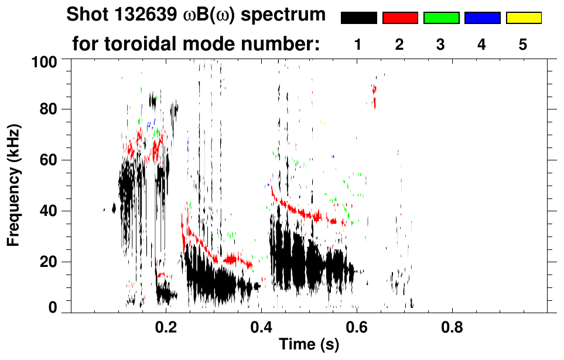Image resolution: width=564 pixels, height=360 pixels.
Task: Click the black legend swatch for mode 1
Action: point(359,18)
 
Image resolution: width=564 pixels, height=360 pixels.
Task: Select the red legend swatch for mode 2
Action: point(400,18)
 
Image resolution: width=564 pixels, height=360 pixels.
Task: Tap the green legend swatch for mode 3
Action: point(441,18)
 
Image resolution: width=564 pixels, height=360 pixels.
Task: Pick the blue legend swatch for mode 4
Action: point(482,18)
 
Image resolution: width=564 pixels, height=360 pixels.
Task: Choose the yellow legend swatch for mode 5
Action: point(523,18)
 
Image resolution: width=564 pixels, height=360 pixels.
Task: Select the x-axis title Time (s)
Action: point(309,345)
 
